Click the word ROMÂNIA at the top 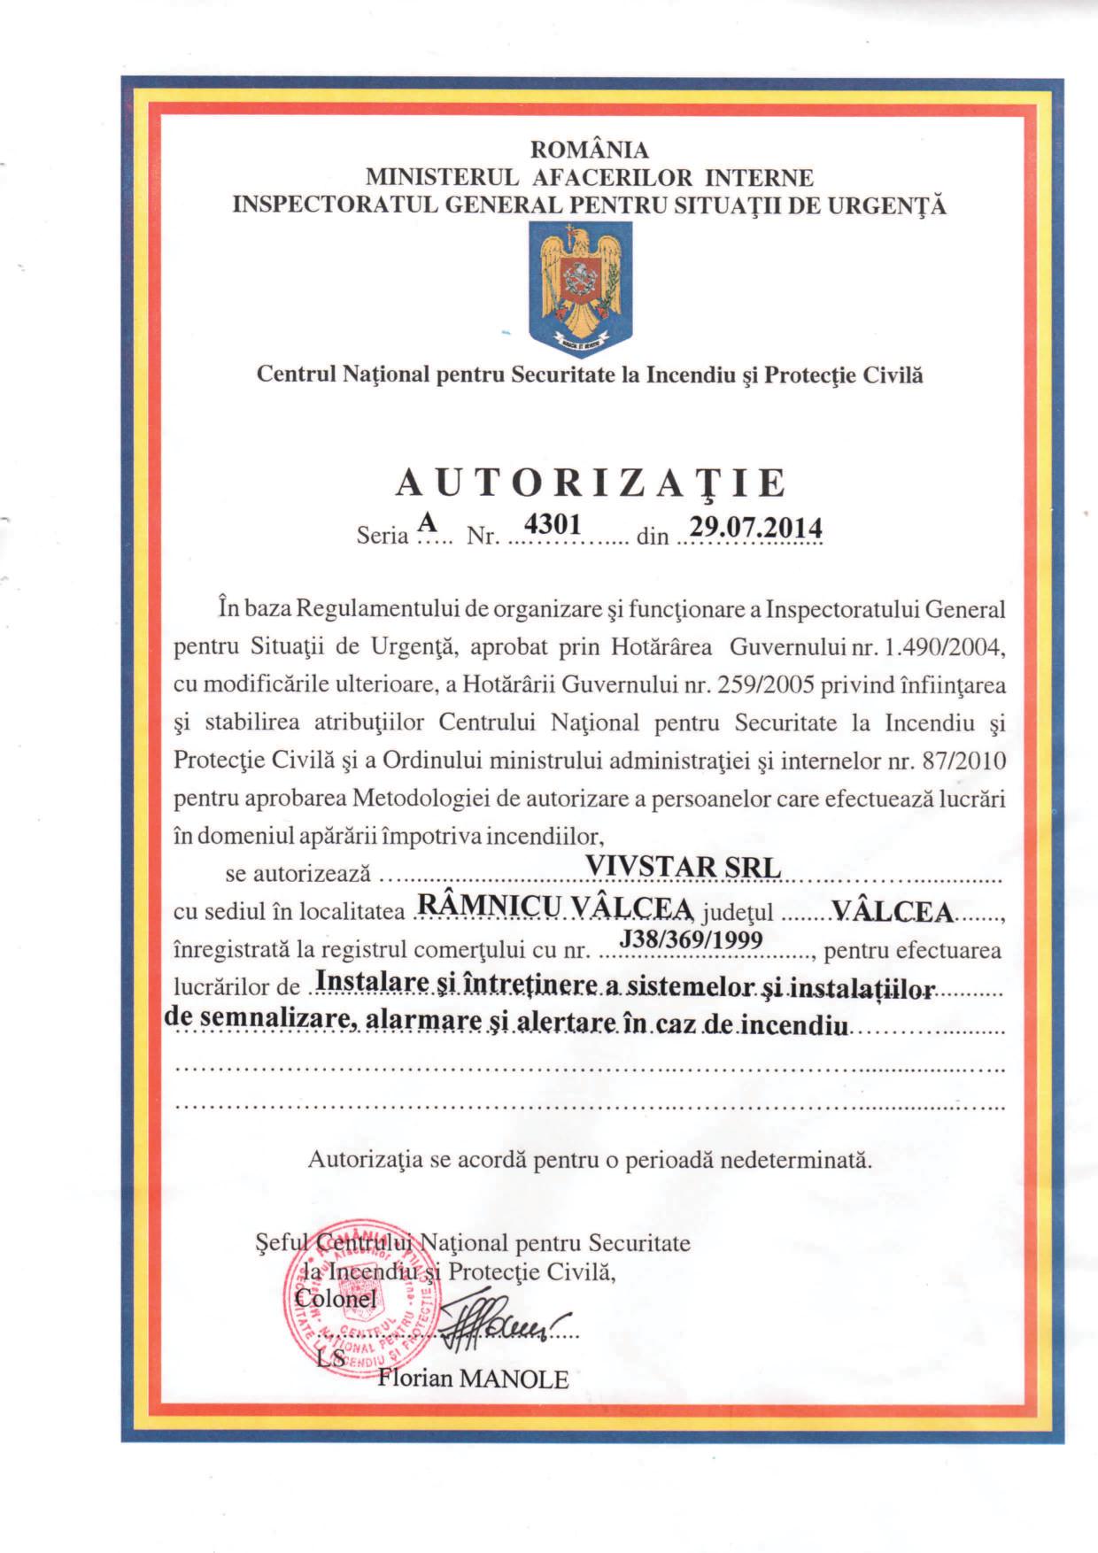[589, 150]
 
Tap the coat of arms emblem [581, 287]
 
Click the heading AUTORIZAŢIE [591, 483]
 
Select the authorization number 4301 [552, 524]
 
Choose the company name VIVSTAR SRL [684, 866]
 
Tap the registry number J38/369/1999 [691, 939]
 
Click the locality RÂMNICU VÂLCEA [553, 907]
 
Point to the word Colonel [336, 1299]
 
